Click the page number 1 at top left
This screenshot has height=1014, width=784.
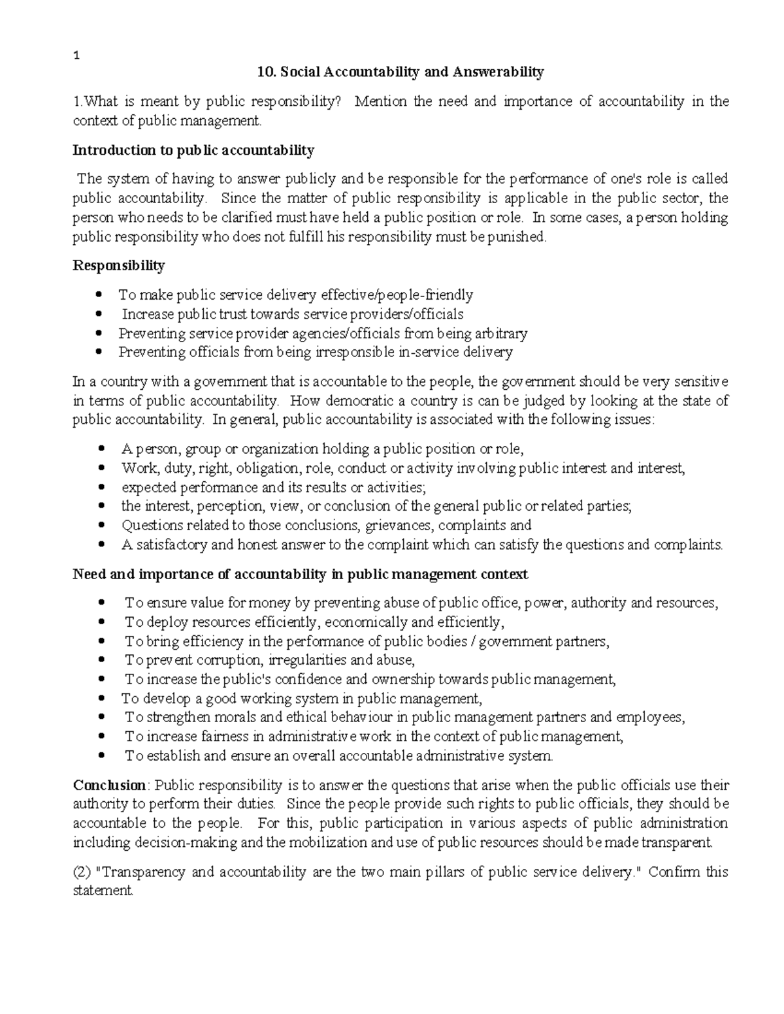(76, 55)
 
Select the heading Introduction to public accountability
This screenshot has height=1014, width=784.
(193, 151)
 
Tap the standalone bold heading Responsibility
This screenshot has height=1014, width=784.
(119, 266)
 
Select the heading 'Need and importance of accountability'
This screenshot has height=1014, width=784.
(300, 575)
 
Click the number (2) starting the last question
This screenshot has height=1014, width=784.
(81, 872)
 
